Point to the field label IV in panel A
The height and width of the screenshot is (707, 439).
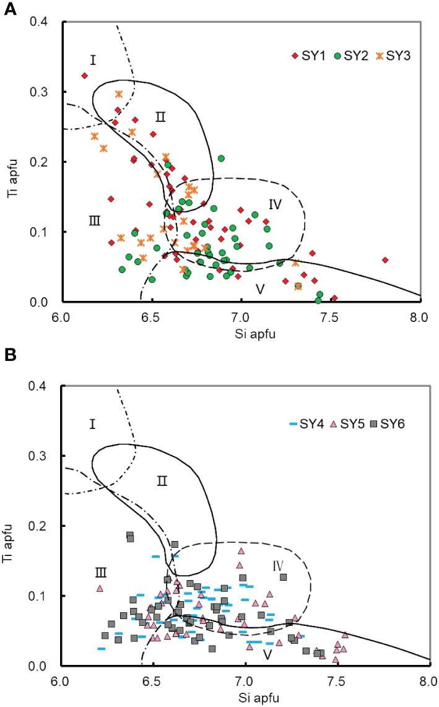(276, 203)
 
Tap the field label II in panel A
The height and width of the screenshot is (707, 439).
(161, 116)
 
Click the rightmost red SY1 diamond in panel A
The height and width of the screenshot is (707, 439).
(385, 260)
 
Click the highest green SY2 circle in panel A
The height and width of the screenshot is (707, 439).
(221, 158)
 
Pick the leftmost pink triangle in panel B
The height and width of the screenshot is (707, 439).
(100, 589)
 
